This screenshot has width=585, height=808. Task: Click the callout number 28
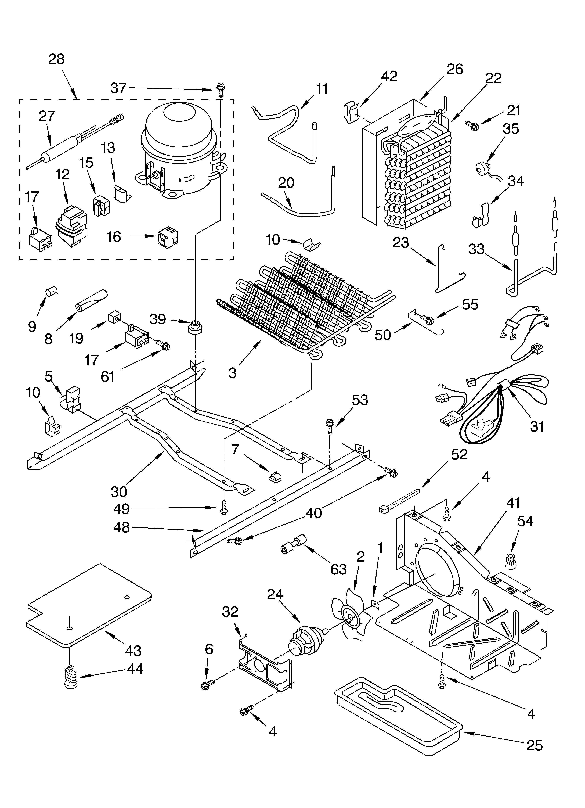(x=56, y=59)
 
